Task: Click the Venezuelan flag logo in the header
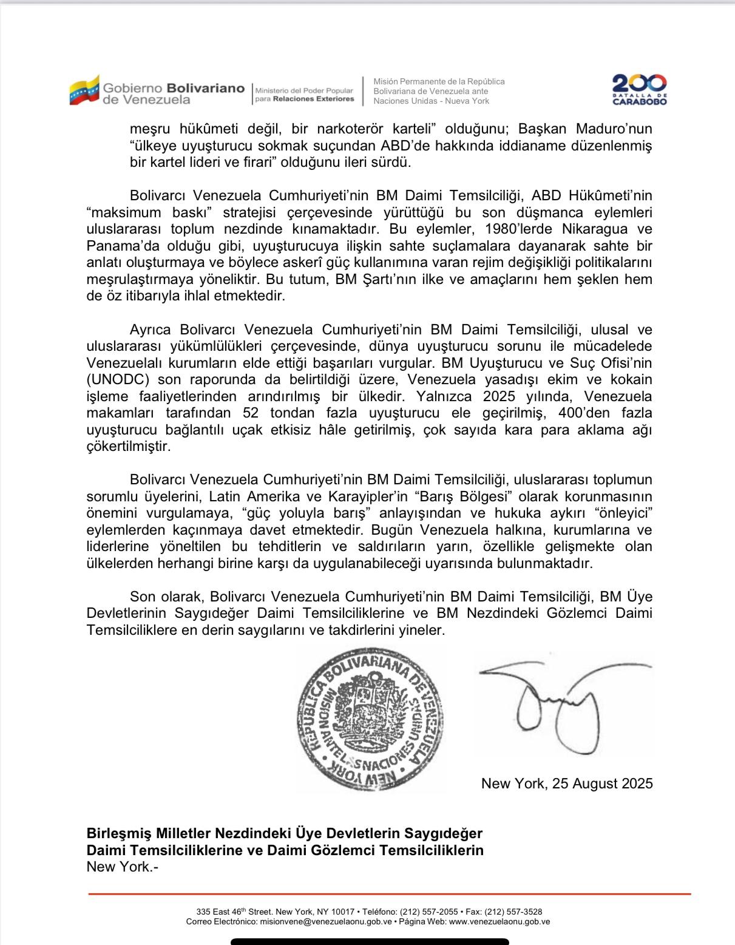click(84, 90)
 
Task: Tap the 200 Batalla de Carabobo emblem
click(639, 90)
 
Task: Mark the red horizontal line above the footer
click(389, 894)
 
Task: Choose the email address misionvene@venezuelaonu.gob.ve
click(325, 921)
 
